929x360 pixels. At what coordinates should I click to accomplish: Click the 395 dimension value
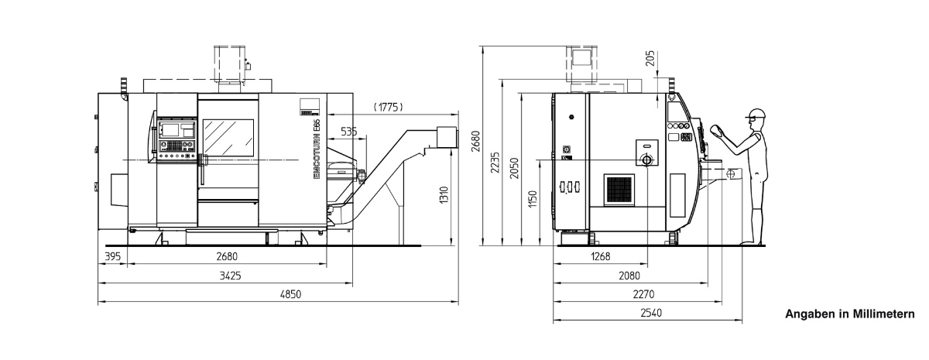112,256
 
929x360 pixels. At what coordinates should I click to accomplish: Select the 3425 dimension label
230,276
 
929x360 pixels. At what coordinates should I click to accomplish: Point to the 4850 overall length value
290,294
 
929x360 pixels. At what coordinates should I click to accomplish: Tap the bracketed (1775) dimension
388,107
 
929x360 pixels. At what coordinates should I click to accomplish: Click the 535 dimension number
349,132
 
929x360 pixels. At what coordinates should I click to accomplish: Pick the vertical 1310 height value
444,195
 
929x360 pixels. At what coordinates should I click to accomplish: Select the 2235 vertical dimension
495,163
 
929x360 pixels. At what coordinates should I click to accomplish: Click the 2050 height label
514,168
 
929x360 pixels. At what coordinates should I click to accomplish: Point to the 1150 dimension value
533,199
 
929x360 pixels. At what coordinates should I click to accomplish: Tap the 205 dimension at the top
650,58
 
